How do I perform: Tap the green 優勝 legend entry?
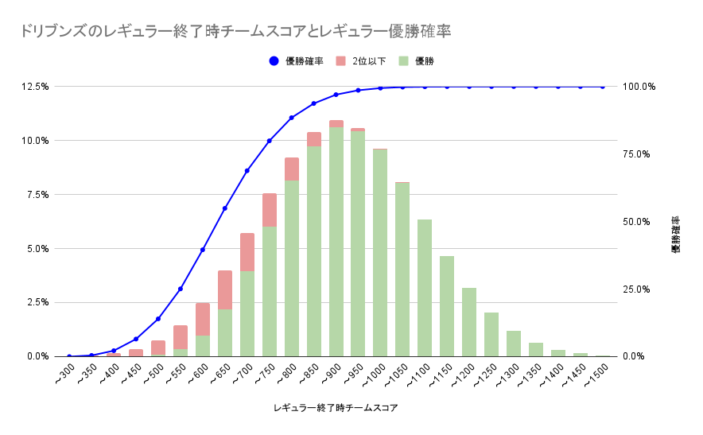click(418, 61)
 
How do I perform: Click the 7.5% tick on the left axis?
click(39, 195)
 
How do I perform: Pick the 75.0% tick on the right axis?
click(639, 154)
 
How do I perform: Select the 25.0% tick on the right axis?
click(639, 289)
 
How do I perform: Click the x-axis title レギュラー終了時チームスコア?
click(335, 408)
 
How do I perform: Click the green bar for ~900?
click(336, 242)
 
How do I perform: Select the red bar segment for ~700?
click(247, 252)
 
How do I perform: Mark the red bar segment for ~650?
click(225, 289)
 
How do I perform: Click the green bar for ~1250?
click(491, 334)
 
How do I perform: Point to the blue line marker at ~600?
click(203, 250)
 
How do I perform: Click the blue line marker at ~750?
click(270, 141)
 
